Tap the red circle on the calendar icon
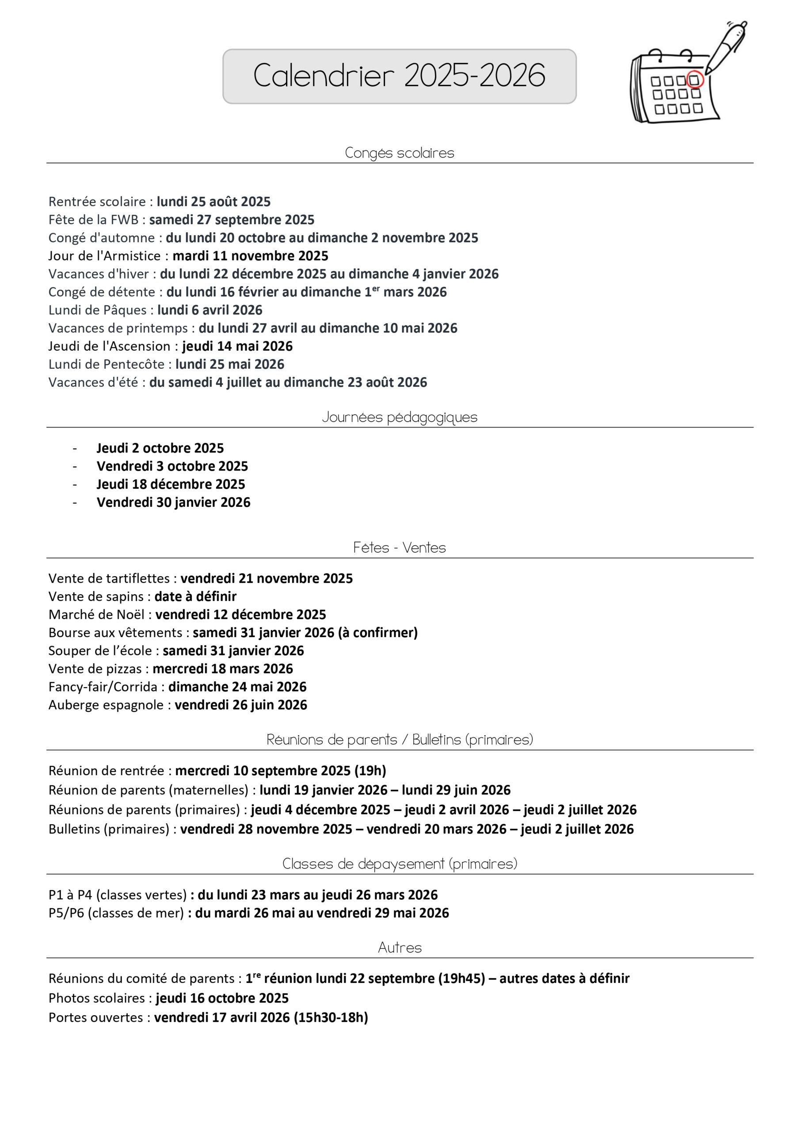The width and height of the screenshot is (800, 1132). (694, 80)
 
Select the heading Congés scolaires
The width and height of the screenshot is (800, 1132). (399, 153)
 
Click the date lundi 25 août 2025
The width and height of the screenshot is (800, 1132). (213, 202)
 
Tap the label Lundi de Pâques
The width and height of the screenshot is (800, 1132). (98, 310)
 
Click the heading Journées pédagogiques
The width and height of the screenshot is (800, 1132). (399, 417)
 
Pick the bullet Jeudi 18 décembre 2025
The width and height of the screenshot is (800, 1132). (171, 484)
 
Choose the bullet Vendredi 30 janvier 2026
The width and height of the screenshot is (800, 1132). (174, 502)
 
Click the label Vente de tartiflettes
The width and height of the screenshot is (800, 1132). (109, 578)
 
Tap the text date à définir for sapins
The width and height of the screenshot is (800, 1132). (195, 597)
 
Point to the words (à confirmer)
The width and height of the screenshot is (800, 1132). (377, 633)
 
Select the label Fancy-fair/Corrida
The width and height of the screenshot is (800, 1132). (103, 687)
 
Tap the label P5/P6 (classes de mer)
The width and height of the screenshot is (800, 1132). (116, 913)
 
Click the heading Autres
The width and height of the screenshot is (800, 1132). (399, 948)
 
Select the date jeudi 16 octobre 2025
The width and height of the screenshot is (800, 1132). (222, 998)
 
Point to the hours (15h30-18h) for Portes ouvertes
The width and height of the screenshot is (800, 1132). (331, 1017)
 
